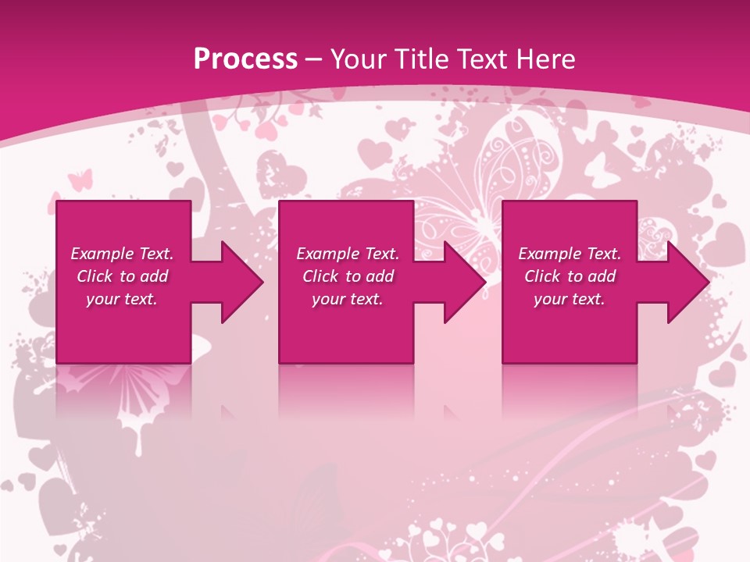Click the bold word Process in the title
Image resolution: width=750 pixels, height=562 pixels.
point(245,59)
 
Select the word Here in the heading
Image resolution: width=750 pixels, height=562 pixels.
point(546,59)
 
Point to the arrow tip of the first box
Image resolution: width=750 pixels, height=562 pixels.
point(261,282)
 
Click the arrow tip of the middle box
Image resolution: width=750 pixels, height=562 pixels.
point(484,282)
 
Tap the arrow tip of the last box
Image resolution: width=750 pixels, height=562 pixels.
point(706,282)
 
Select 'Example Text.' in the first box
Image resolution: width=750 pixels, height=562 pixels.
point(122,254)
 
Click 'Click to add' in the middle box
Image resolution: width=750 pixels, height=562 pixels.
point(348,276)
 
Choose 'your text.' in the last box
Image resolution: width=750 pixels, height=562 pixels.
point(569,299)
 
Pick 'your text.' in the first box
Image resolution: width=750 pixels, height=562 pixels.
point(122,299)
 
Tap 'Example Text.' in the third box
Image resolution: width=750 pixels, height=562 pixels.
point(570,254)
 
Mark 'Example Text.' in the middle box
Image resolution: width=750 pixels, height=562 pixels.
point(348,254)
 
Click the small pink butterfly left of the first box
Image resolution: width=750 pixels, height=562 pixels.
point(80,180)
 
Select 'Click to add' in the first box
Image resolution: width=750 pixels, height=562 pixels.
point(122,276)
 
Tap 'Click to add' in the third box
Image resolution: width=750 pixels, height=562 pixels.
point(570,276)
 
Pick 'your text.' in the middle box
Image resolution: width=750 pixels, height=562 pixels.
point(348,299)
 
